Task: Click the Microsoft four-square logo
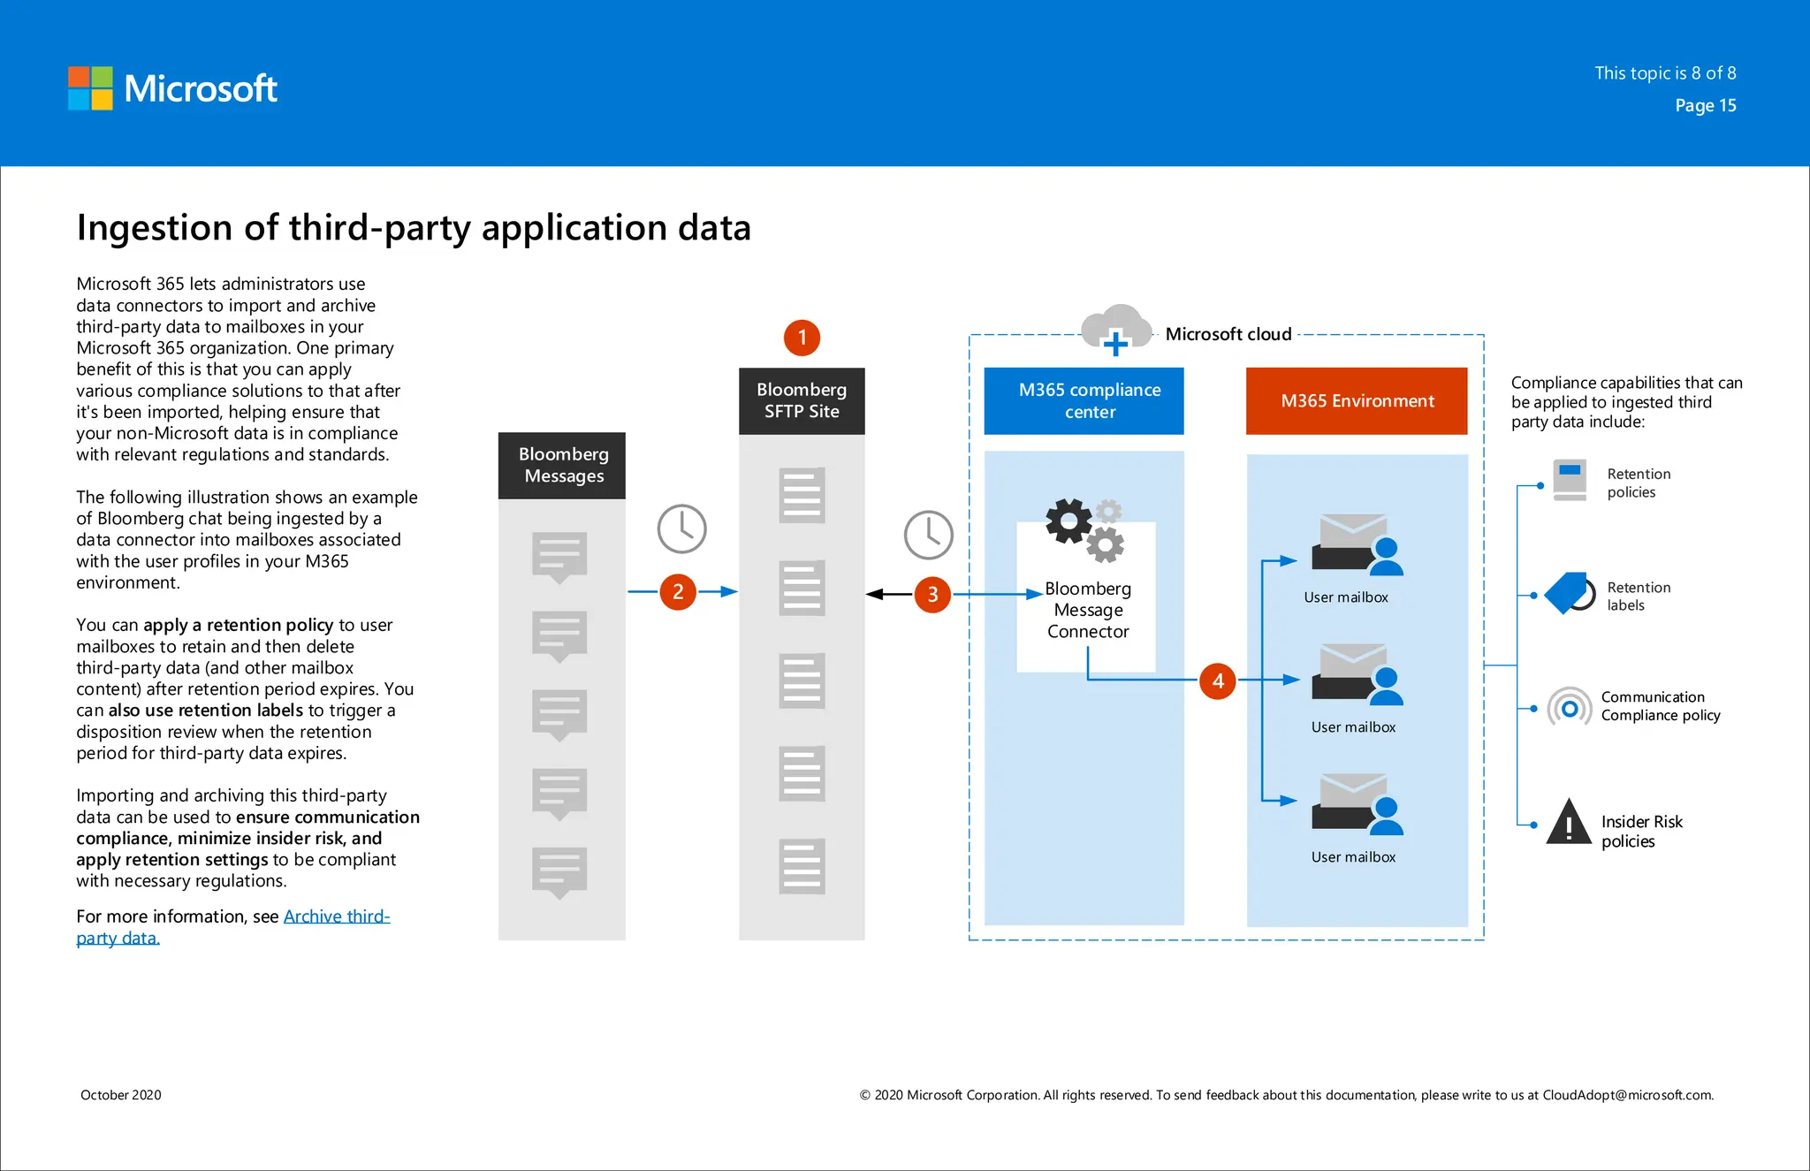pos(90,88)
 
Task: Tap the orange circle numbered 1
pos(802,338)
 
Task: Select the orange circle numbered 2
pos(678,591)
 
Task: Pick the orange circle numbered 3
pos(932,595)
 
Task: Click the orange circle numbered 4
pos(1218,681)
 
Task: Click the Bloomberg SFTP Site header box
pos(802,400)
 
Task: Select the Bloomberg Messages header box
pos(562,465)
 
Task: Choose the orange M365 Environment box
pos(1357,401)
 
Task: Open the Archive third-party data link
pos(336,916)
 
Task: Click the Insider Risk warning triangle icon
pos(1569,823)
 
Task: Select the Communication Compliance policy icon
pos(1569,708)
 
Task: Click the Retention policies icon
pos(1570,480)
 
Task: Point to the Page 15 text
pos(1705,105)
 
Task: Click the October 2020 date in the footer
pos(121,1095)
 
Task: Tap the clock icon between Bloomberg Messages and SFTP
pos(681,529)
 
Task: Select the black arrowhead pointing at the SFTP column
pos(875,594)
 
